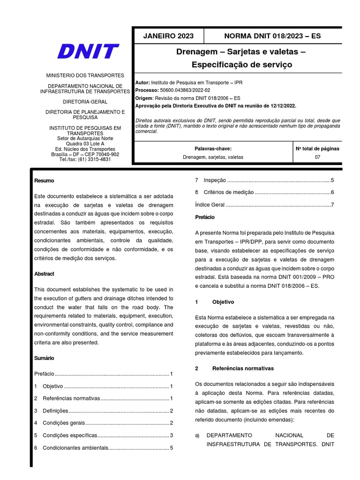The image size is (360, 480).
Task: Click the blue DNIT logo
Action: pos(88,52)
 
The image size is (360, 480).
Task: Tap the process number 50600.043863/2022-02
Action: pos(185,90)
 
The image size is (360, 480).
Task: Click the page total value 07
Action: pos(317,157)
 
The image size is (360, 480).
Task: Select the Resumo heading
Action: pos(44,180)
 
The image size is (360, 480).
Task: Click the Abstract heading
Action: pos(44,274)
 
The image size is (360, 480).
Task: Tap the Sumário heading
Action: pos(45,358)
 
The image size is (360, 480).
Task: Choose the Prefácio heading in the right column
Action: pos(204,217)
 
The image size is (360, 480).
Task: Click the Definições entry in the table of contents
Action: pos(55,411)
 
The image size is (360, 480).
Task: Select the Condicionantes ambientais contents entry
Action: pos(75,448)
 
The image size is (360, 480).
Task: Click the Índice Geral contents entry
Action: pos(210,205)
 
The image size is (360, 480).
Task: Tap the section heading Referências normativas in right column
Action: pos(243,368)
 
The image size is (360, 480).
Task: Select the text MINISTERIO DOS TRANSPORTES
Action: pos(85,75)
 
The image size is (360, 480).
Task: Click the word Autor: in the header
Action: pos(142,82)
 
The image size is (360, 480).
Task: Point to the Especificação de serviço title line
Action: pos(241,65)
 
